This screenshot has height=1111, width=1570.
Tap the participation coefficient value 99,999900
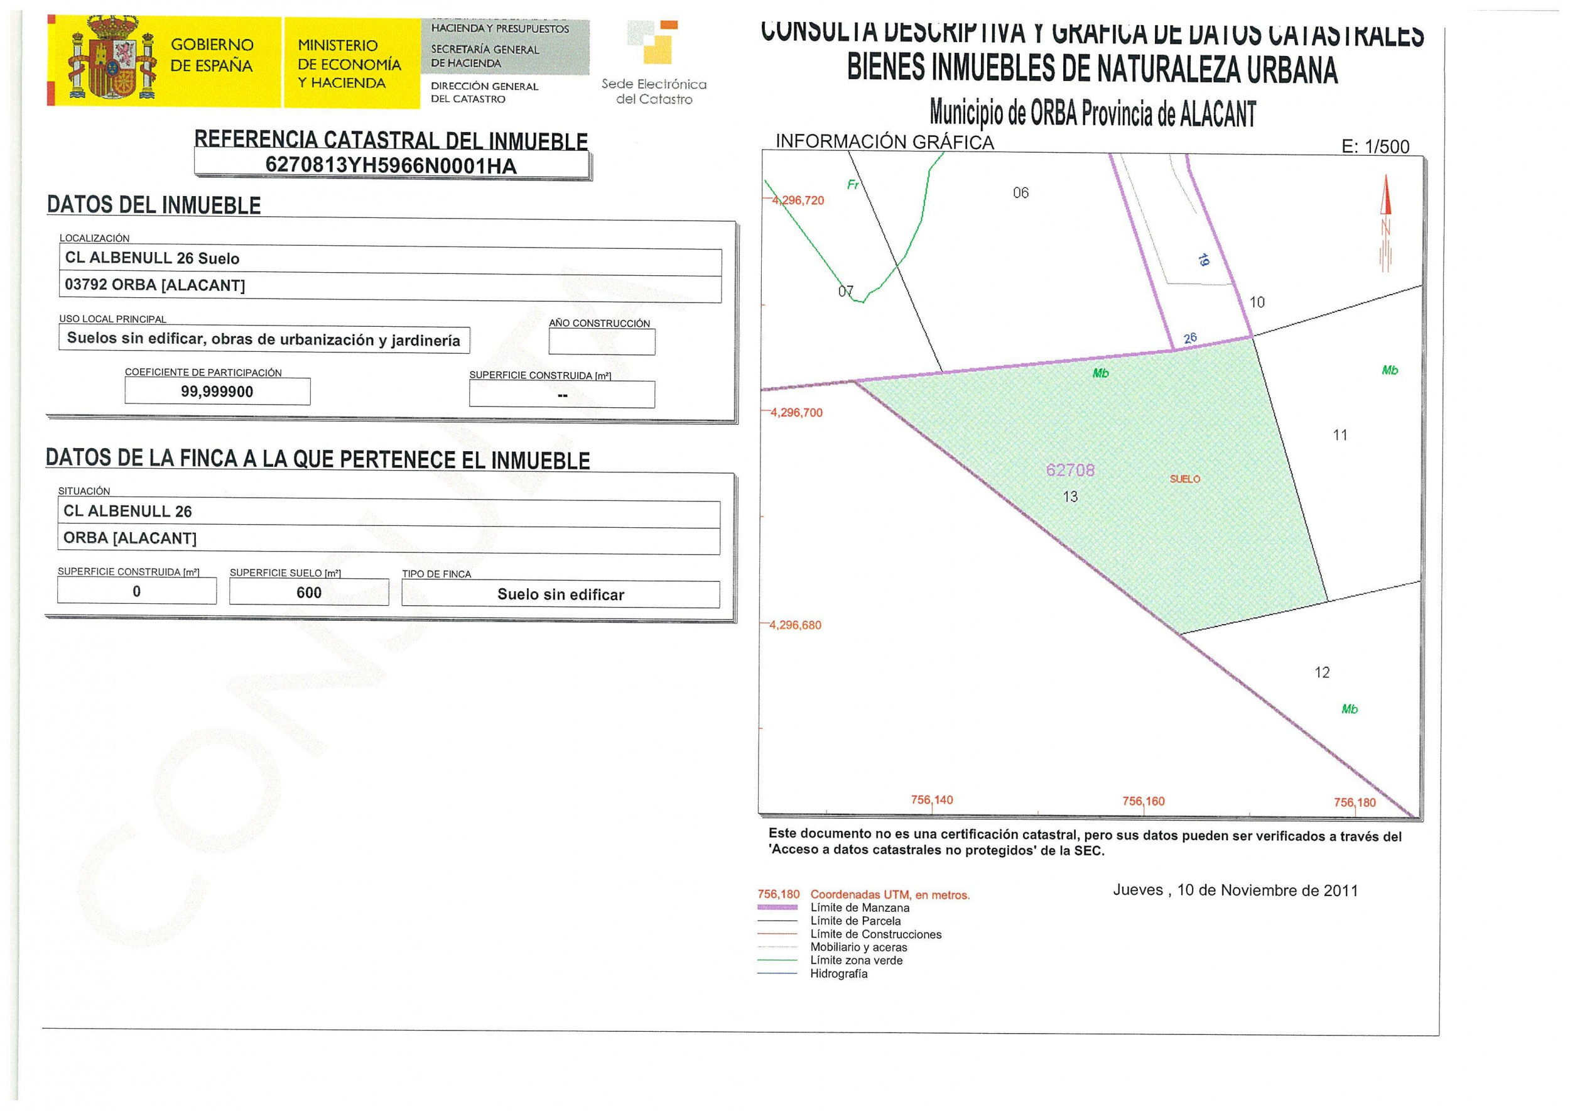point(217,392)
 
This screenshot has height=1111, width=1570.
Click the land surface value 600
point(308,593)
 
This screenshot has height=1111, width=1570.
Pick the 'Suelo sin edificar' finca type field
point(560,594)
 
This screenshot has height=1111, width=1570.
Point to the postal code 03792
point(86,285)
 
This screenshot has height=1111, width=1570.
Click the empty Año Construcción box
point(601,342)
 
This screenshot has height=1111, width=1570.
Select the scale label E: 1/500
point(1375,146)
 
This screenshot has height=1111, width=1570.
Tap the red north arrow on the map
point(1386,205)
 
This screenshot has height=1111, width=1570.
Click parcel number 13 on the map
point(1070,496)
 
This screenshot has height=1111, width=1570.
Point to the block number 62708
point(1070,470)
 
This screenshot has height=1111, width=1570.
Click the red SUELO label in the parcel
point(1185,479)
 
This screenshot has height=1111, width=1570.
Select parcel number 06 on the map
point(1020,193)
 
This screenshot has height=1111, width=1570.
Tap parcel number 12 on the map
point(1322,672)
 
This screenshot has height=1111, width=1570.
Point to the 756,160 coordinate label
point(1144,801)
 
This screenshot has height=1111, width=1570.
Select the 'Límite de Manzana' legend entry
point(860,908)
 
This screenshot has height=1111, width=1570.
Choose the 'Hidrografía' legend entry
point(838,973)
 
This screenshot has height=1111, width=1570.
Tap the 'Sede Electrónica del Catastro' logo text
point(654,92)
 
